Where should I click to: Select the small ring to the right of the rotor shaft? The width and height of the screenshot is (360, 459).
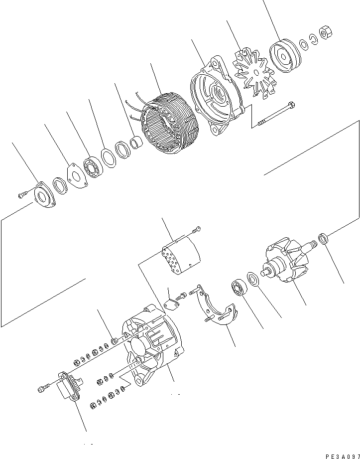pyautogui.click(x=323, y=239)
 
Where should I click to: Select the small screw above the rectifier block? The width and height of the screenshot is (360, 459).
pyautogui.click(x=196, y=229)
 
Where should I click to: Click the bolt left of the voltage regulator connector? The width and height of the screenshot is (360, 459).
pyautogui.click(x=43, y=388)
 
